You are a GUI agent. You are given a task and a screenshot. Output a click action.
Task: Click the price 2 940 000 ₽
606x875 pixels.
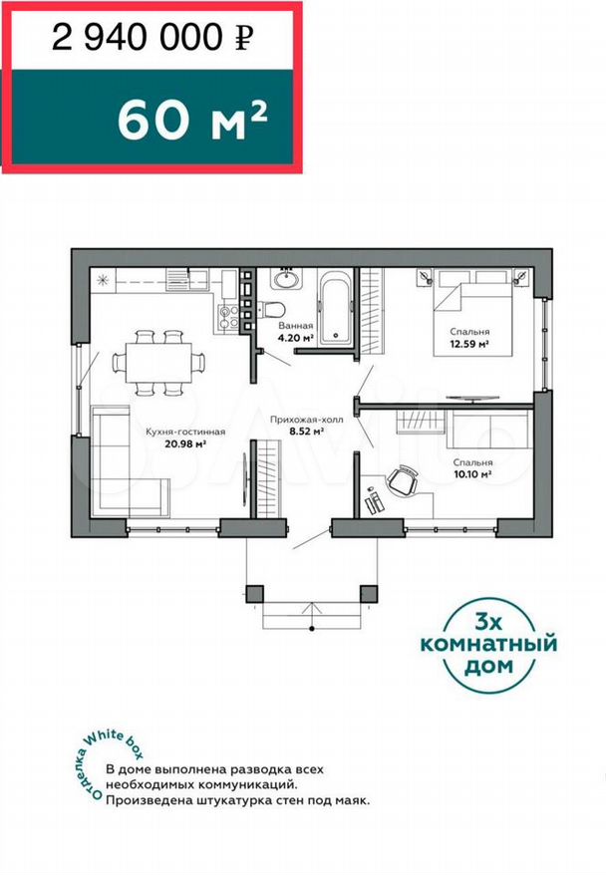(152, 38)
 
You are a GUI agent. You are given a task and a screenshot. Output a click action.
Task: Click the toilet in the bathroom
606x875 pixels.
(272, 309)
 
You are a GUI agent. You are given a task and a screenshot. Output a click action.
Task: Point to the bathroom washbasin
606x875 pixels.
(286, 278)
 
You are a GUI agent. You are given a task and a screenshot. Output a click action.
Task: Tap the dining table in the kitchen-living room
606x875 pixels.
(158, 362)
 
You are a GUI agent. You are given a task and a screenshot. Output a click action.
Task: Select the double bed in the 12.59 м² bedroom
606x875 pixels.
(473, 313)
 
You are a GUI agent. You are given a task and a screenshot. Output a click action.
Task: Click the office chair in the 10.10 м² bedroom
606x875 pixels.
(403, 480)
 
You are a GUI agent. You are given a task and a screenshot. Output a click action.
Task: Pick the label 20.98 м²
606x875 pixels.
(185, 444)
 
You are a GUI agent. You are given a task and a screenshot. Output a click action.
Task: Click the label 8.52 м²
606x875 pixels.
(306, 431)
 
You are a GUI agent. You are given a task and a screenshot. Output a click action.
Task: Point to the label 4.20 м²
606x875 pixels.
(295, 338)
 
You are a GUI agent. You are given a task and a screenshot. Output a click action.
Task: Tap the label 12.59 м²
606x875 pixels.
(469, 344)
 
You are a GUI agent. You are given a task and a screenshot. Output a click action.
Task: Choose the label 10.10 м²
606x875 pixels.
(472, 474)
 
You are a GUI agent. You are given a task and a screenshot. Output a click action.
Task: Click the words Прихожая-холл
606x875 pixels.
(306, 420)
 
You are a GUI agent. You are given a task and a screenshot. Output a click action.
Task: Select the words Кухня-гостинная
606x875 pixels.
(185, 432)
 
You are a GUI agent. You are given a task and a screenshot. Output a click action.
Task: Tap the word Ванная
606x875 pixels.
(296, 325)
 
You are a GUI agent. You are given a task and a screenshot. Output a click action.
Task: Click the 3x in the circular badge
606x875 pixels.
(487, 622)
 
